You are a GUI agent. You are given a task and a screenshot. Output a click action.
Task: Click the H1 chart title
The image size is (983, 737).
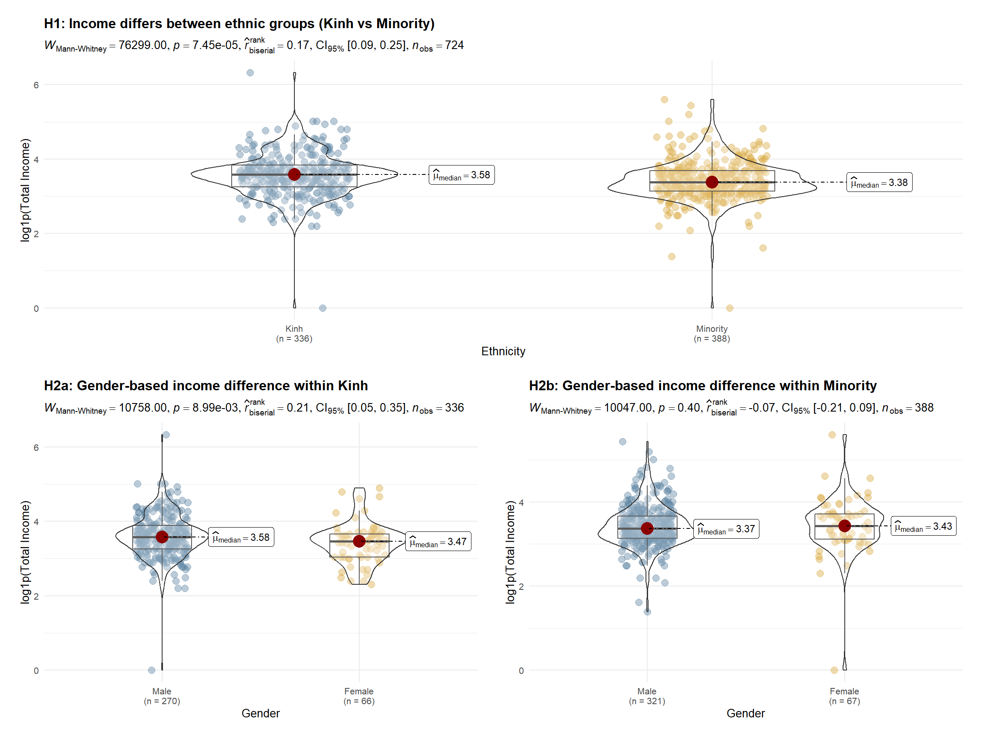click(x=239, y=23)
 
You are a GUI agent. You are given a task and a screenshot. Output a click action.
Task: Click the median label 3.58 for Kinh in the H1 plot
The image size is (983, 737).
click(x=461, y=175)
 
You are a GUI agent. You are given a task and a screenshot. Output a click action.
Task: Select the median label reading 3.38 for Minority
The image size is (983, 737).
click(x=878, y=183)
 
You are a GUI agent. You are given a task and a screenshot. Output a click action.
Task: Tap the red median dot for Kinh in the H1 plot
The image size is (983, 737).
click(x=294, y=174)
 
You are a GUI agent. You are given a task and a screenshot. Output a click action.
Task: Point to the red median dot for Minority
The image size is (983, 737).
click(x=712, y=182)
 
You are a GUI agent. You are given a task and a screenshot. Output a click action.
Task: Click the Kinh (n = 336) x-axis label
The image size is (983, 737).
click(x=294, y=334)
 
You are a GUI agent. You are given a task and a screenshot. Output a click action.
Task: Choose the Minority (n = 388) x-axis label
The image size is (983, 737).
click(x=712, y=334)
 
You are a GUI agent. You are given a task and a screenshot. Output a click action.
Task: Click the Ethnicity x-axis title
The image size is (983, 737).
click(x=503, y=351)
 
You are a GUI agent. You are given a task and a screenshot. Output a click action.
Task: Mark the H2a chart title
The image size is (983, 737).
click(x=206, y=386)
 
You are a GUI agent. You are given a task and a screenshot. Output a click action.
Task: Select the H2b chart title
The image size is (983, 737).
click(x=703, y=386)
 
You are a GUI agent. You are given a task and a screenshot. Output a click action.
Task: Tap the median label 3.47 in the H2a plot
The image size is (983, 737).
click(x=438, y=542)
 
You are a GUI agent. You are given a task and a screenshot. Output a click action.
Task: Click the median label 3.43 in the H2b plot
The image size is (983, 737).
click(x=923, y=526)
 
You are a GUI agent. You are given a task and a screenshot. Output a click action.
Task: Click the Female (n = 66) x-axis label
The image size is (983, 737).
click(x=359, y=696)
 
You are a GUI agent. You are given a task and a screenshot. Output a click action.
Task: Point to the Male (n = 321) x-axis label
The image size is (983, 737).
click(x=647, y=696)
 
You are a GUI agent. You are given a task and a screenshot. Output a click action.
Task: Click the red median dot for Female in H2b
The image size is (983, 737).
click(x=844, y=526)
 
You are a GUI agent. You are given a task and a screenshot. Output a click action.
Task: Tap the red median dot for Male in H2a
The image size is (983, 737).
click(x=162, y=537)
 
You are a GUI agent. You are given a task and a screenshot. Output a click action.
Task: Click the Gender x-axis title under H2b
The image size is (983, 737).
click(x=746, y=714)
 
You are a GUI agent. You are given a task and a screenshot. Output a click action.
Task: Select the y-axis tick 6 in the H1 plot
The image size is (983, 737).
click(x=36, y=85)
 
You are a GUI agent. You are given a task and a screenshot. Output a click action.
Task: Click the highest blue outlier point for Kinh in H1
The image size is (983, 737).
click(x=250, y=73)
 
